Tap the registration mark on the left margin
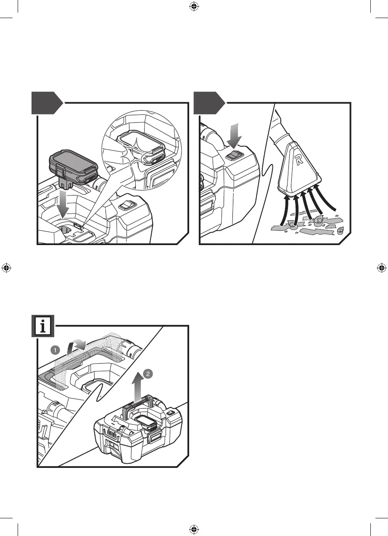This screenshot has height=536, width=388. pyautogui.click(x=6, y=267)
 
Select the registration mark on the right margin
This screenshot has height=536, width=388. pyautogui.click(x=381, y=267)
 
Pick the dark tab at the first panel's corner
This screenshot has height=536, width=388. pyautogui.click(x=46, y=103)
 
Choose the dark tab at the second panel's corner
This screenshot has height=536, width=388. pyautogui.click(x=209, y=103)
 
